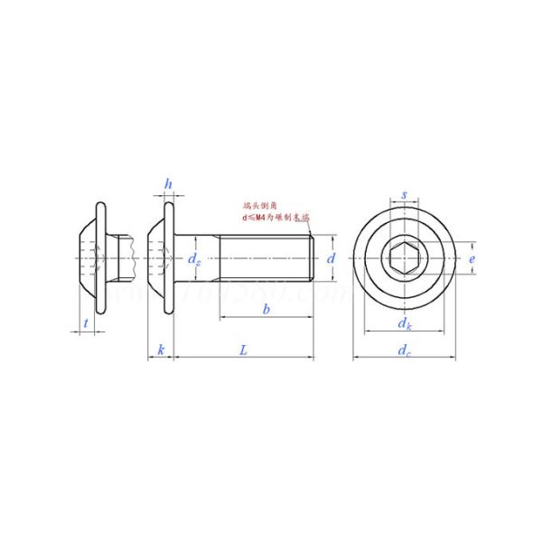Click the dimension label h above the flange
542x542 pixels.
[168, 184]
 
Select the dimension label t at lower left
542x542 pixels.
[85, 322]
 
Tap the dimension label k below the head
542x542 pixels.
[160, 349]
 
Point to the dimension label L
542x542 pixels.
[243, 349]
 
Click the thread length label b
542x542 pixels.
[266, 310]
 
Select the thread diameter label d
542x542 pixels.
[332, 258]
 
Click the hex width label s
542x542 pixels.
[404, 194]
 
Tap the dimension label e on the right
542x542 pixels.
[472, 258]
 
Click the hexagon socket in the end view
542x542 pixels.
[404, 259]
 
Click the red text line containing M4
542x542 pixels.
[275, 219]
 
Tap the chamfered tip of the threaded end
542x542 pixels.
[312, 259]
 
